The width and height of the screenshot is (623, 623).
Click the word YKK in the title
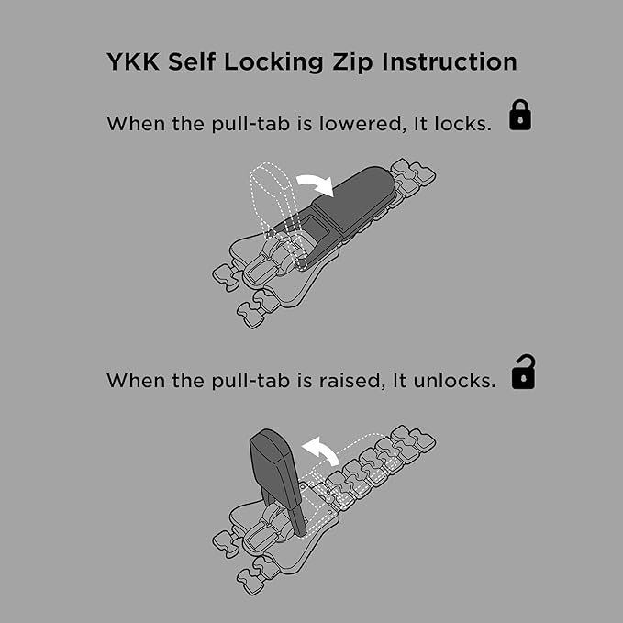pyautogui.click(x=133, y=61)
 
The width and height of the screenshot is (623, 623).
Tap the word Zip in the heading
pyautogui.click(x=352, y=62)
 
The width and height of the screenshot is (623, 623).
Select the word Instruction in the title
pyautogui.click(x=450, y=61)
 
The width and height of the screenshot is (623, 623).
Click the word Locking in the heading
pyautogui.click(x=273, y=62)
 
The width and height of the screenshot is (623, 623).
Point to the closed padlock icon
pyautogui.click(x=520, y=115)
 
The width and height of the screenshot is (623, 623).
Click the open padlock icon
pyautogui.click(x=523, y=372)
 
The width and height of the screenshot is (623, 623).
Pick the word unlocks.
pyautogui.click(x=454, y=380)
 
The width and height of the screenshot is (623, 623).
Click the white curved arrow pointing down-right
pyautogui.click(x=316, y=183)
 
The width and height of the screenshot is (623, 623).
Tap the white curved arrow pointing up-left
pyautogui.click(x=320, y=450)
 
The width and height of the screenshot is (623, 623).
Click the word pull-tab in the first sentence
pyautogui.click(x=250, y=125)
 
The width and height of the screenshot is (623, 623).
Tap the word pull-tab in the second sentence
pyautogui.click(x=250, y=381)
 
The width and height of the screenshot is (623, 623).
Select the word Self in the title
pyautogui.click(x=192, y=61)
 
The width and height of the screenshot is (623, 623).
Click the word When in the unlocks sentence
pyautogui.click(x=136, y=380)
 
